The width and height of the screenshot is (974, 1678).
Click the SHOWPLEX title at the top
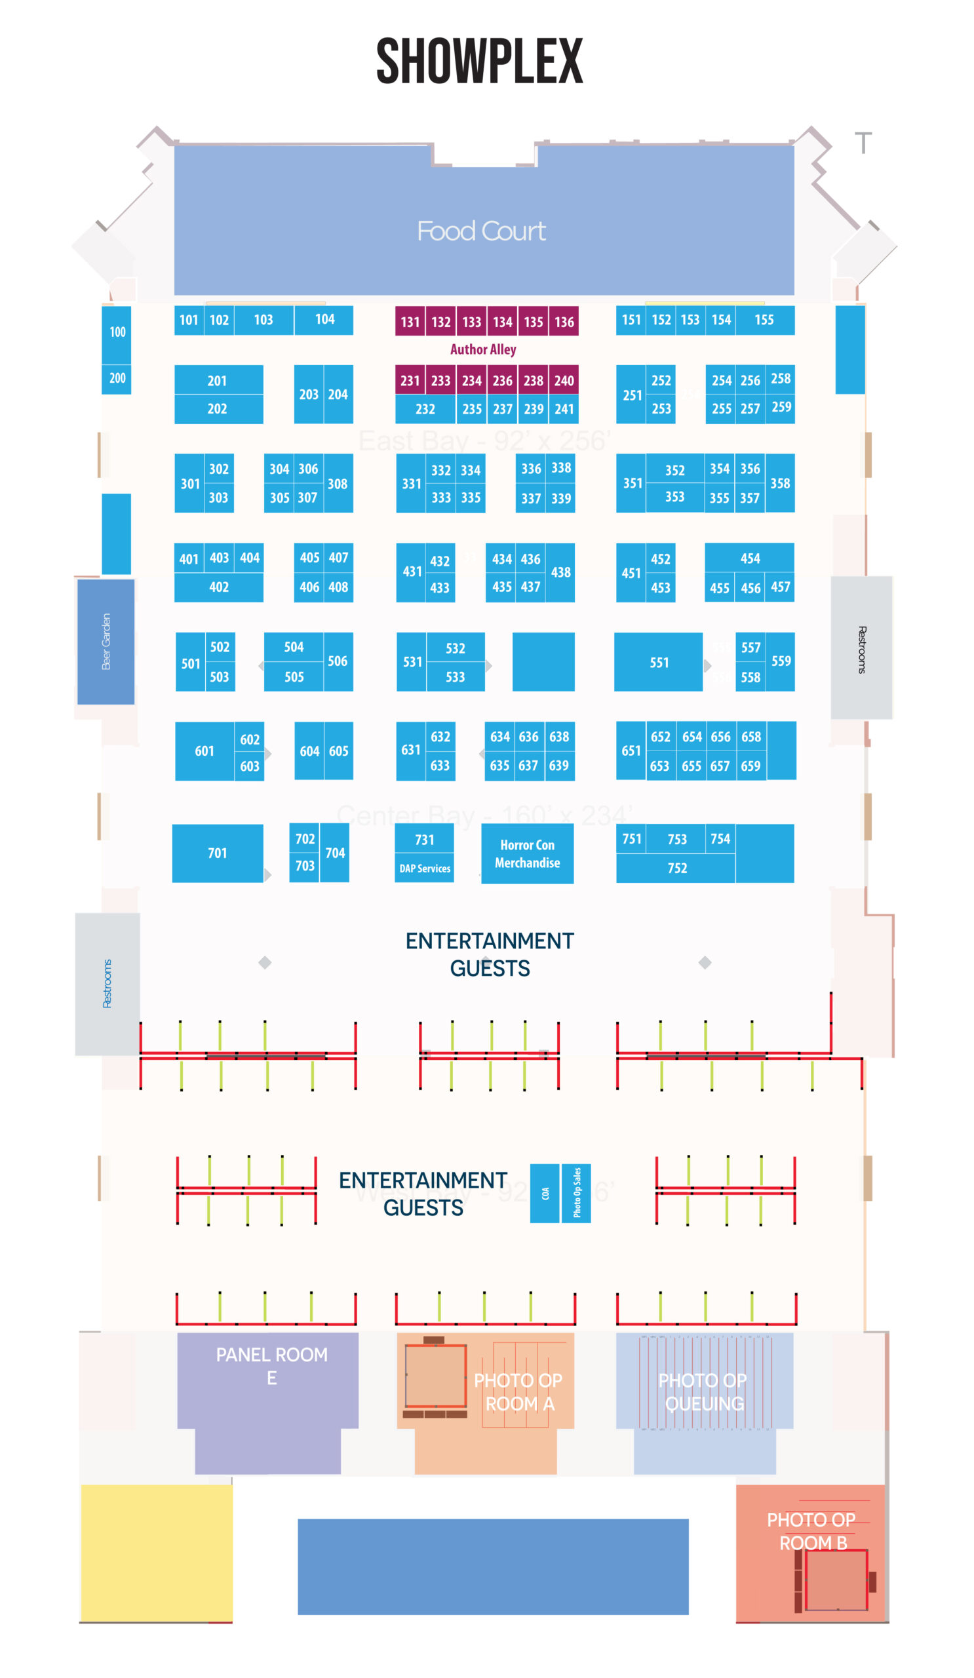pyautogui.click(x=479, y=61)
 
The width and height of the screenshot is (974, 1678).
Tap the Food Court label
pyautogui.click(x=480, y=231)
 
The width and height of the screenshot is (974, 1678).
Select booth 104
pyautogui.click(x=324, y=320)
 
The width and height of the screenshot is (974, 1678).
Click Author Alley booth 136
pyautogui.click(x=563, y=322)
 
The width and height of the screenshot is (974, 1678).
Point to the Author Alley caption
pyautogui.click(x=482, y=349)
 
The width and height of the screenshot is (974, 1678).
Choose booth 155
pyautogui.click(x=764, y=321)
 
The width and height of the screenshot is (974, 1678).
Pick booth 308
pyautogui.click(x=338, y=484)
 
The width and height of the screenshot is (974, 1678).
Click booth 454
pyautogui.click(x=750, y=558)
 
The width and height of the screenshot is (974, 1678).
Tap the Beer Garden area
pyautogui.click(x=106, y=641)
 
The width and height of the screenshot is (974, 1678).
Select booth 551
pyautogui.click(x=659, y=663)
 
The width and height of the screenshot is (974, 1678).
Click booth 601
pyautogui.click(x=205, y=751)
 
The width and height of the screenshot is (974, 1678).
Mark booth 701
pyautogui.click(x=217, y=853)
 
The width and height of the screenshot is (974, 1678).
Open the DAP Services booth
pyautogui.click(x=425, y=868)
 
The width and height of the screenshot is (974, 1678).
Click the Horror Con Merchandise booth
pyautogui.click(x=526, y=853)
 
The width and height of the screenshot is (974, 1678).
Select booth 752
pyautogui.click(x=676, y=868)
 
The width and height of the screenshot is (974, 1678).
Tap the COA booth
pyautogui.click(x=545, y=1194)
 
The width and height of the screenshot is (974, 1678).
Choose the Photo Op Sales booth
pyautogui.click(x=576, y=1194)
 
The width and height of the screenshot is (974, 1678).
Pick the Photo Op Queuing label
pyautogui.click(x=703, y=1392)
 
